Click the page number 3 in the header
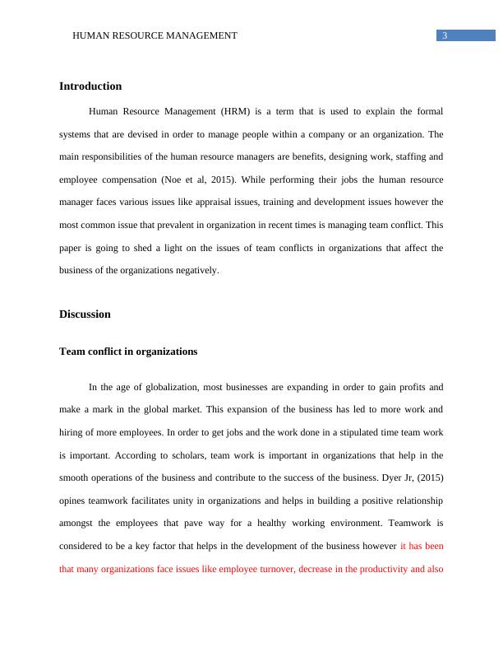[445, 35]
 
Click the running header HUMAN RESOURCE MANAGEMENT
[155, 35]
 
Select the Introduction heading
[90, 86]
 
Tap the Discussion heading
[85, 314]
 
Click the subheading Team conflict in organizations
[128, 352]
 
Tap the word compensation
[135, 179]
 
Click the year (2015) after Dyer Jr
[429, 477]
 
